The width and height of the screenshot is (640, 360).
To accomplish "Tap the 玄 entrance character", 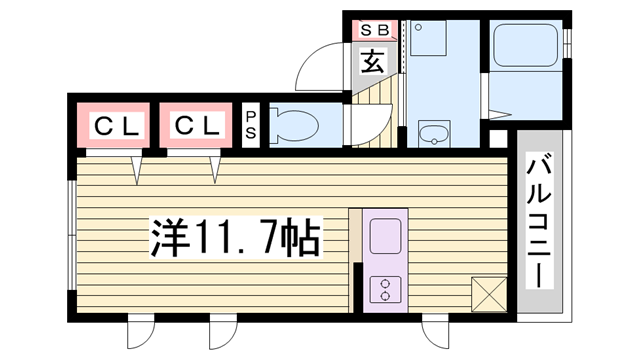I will tap(372, 61).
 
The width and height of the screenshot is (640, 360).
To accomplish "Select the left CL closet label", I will tap(118, 126).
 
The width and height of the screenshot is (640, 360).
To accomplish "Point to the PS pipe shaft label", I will tap(250, 125).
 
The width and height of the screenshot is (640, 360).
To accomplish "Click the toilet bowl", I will tap(296, 126).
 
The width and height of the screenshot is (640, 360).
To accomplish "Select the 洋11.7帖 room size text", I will tap(235, 237).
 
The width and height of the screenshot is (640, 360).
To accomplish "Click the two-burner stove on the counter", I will tap(385, 289).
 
